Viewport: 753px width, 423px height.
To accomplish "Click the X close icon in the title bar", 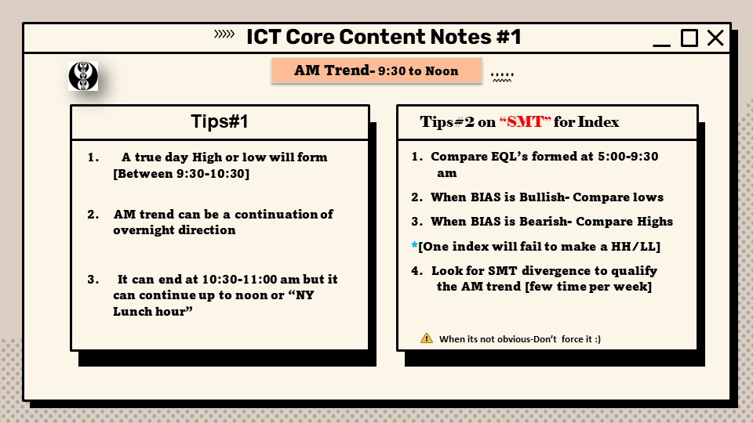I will [715, 38].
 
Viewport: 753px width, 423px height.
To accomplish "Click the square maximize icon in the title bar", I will [689, 38].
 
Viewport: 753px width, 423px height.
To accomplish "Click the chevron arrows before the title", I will [224, 34].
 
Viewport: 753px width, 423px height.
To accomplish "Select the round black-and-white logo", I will [82, 76].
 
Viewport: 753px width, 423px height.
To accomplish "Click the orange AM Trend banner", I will [376, 70].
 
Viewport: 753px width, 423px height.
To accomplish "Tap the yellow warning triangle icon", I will [427, 338].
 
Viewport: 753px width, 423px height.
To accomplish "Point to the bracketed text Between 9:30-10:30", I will [181, 172].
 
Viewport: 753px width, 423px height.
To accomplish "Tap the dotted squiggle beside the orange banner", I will [501, 77].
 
